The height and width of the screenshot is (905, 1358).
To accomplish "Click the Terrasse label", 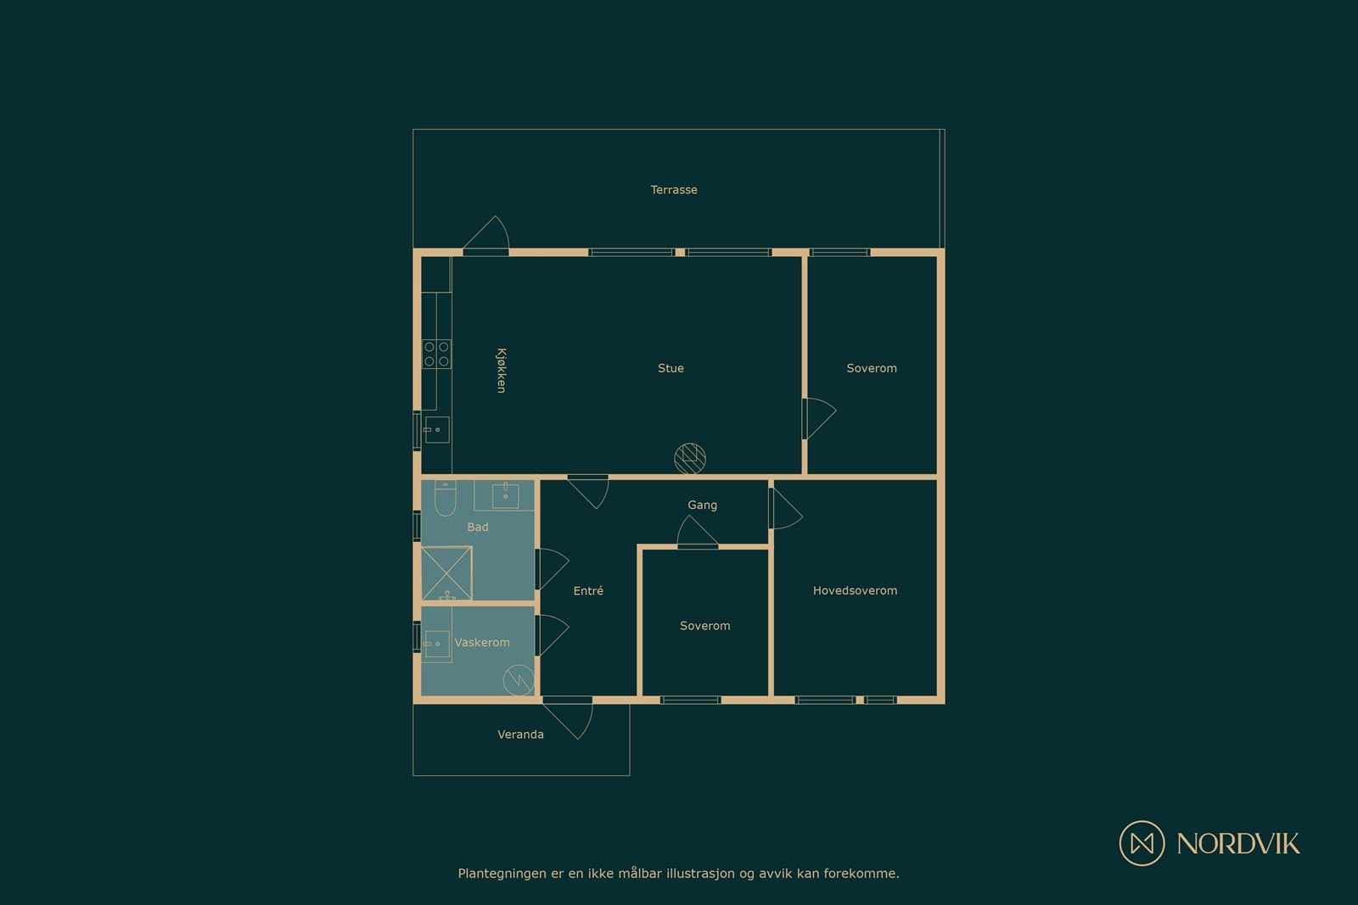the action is (674, 190).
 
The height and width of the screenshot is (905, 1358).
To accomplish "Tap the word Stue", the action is (671, 368).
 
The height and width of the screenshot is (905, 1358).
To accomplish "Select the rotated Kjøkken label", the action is (502, 370).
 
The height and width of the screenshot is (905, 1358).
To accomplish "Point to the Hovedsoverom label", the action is (855, 590).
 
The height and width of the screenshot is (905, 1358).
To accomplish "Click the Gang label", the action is (702, 505).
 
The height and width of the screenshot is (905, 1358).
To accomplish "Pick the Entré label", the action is (588, 590).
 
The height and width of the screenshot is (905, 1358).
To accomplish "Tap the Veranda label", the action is (520, 735).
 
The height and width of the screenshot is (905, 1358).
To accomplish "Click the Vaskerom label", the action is (482, 642).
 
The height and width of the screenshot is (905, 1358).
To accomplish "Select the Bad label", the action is (478, 527).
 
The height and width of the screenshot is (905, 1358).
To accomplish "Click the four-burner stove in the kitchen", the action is (436, 354).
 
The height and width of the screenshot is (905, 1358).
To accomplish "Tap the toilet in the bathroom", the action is (445, 498).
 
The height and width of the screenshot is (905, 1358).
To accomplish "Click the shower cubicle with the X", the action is (446, 573).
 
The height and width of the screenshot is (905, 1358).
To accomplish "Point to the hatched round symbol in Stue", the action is (690, 459).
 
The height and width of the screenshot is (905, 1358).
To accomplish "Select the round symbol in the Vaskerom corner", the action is (519, 679).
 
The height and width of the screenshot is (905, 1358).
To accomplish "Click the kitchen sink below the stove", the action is (436, 429).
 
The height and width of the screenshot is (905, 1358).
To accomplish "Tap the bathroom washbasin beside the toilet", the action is (504, 494).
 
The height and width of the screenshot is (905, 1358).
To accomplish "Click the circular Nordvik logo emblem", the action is (1142, 843).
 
